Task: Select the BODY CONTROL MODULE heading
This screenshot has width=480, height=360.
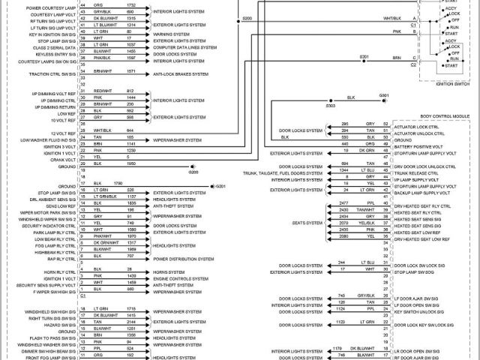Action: click(x=444, y=117)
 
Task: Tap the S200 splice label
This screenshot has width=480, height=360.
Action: click(x=248, y=17)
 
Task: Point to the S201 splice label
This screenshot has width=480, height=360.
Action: click(x=364, y=57)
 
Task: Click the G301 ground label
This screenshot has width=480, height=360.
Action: click(x=384, y=96)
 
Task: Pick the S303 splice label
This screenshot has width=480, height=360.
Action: click(x=331, y=106)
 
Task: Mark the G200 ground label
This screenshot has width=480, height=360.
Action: click(x=193, y=172)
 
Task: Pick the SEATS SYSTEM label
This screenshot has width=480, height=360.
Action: click(x=308, y=222)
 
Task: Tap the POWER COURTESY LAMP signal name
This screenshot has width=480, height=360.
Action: click(x=52, y=7)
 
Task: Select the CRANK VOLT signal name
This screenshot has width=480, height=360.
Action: click(x=64, y=158)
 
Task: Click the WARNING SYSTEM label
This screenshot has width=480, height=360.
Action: click(x=171, y=33)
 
